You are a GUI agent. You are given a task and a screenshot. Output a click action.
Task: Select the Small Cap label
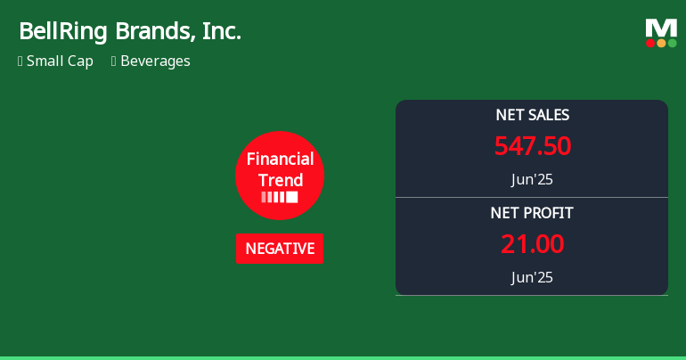(60, 61)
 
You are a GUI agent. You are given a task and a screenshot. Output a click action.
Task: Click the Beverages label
(155, 61)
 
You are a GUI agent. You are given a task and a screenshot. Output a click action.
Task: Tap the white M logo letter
(661, 28)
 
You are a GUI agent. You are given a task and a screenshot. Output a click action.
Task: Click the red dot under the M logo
(650, 43)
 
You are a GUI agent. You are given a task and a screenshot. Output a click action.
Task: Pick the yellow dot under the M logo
(661, 43)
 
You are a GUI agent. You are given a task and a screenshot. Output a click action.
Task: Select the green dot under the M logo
(672, 43)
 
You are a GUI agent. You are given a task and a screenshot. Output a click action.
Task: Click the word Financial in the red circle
(280, 160)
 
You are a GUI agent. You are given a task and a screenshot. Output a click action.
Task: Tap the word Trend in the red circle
(280, 179)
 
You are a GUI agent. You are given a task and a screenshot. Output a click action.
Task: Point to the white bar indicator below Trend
(280, 197)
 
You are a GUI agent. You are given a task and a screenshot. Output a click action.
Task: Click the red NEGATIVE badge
(280, 249)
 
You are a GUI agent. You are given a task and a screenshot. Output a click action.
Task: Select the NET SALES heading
(532, 115)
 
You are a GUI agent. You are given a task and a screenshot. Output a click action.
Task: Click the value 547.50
(532, 146)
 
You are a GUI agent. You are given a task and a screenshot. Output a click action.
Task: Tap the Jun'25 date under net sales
(532, 179)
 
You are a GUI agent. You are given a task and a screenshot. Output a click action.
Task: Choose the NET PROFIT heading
(532, 213)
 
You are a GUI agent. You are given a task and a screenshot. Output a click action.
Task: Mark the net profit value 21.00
(532, 244)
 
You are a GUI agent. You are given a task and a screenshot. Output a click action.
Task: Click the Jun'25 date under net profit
(532, 277)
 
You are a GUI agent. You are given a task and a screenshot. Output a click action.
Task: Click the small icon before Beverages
(114, 61)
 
